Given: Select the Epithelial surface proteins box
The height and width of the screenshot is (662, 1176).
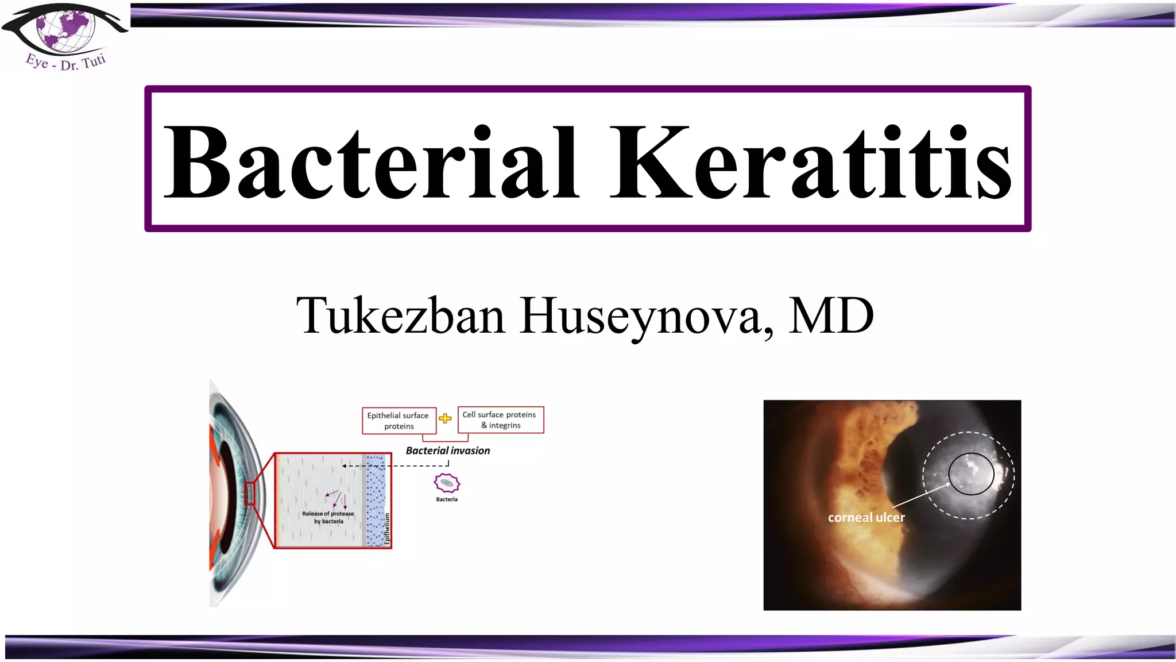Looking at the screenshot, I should tap(399, 421).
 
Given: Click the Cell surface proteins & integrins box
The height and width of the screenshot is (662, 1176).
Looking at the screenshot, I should tap(500, 419).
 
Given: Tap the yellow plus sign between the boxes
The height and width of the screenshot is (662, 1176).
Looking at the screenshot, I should tap(445, 418).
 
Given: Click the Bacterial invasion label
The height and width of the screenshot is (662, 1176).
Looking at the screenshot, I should tap(448, 451).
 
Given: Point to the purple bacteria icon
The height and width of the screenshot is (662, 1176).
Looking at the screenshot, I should tap(447, 483).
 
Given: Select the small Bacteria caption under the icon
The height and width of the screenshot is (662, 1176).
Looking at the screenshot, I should tap(447, 499).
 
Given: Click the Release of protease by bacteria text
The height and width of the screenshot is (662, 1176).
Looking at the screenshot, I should tap(328, 517).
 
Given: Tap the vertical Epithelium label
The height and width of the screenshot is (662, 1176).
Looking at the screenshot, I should tap(387, 529).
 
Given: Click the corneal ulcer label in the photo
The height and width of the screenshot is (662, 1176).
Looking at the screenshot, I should tap(866, 517).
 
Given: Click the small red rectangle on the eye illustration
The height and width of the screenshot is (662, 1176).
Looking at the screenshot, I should tap(250, 494).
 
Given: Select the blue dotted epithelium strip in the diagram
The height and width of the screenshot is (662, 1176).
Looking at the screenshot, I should tap(375, 500).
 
